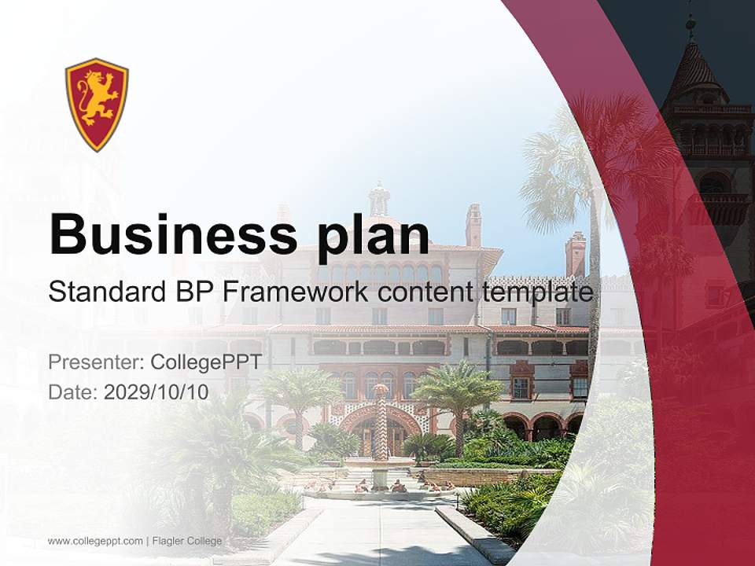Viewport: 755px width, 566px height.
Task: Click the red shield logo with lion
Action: click(x=97, y=104)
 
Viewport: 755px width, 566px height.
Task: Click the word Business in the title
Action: click(x=167, y=233)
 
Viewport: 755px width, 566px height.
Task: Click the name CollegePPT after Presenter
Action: click(x=205, y=362)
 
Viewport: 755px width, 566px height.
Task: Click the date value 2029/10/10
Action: click(x=157, y=392)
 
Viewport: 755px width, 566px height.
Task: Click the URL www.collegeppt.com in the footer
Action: click(x=95, y=541)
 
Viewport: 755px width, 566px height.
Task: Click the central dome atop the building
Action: click(x=380, y=200)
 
